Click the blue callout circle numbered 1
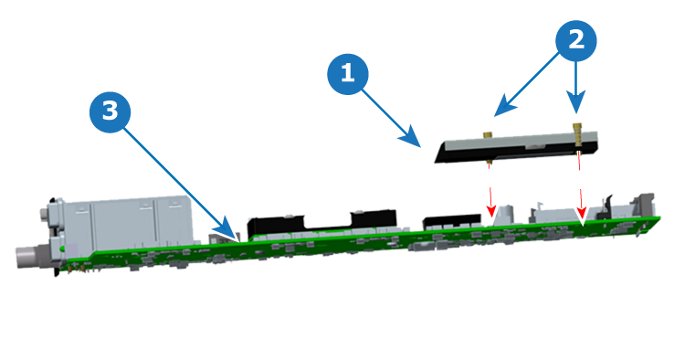tap(348, 74)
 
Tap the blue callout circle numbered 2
tap(576, 41)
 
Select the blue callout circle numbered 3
tap(110, 111)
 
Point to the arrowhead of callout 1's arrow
tap(411, 137)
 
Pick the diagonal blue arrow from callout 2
tap(527, 84)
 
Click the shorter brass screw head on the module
tap(488, 135)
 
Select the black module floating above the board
tap(516, 147)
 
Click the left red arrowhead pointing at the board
tap(490, 211)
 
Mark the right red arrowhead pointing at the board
tap(582, 213)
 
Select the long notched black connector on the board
tap(321, 223)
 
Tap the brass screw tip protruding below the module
tap(490, 163)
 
